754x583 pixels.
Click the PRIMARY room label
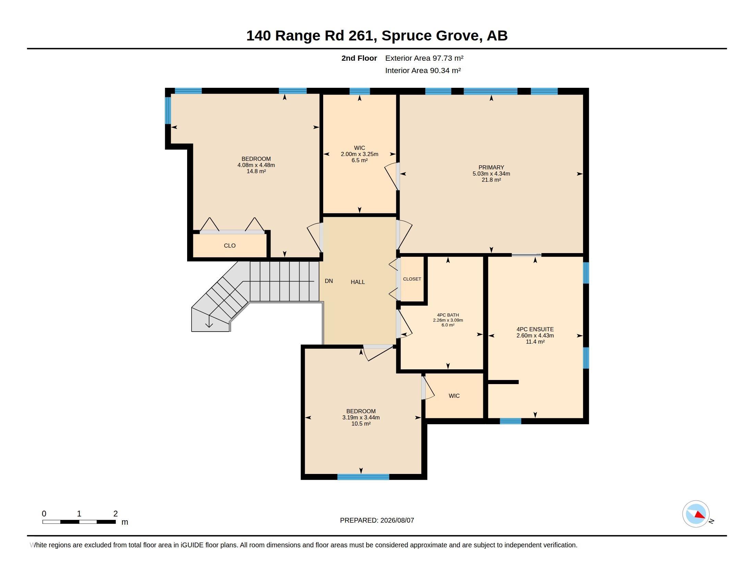pyautogui.click(x=491, y=167)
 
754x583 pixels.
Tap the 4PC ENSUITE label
pyautogui.click(x=535, y=330)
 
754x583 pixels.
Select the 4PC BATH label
pyautogui.click(x=448, y=315)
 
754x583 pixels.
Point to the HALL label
pyautogui.click(x=358, y=282)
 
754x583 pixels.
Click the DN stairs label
pyautogui.click(x=329, y=281)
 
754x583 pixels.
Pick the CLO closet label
pyautogui.click(x=230, y=246)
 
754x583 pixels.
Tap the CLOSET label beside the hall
pyautogui.click(x=412, y=279)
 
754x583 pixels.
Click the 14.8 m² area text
pyautogui.click(x=256, y=171)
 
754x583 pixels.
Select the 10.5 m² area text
pyautogui.click(x=361, y=424)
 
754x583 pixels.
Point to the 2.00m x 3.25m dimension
pyautogui.click(x=360, y=154)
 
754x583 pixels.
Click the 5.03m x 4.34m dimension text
pyautogui.click(x=491, y=174)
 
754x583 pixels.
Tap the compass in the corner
pyautogui.click(x=696, y=514)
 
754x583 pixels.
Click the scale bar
pyautogui.click(x=79, y=522)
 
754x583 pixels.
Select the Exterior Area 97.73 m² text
pyautogui.click(x=424, y=58)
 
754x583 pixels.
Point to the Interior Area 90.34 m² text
pyautogui.click(x=423, y=70)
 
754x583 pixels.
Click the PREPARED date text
pyautogui.click(x=377, y=520)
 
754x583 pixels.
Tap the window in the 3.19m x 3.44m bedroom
pyautogui.click(x=363, y=477)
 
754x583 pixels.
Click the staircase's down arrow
pyautogui.click(x=209, y=321)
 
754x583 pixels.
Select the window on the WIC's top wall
pyautogui.click(x=360, y=91)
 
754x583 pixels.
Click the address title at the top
pyautogui.click(x=377, y=36)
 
